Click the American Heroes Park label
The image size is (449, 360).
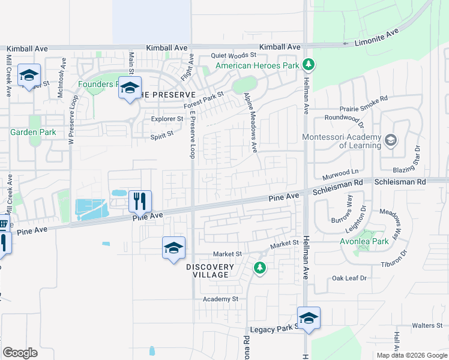257,65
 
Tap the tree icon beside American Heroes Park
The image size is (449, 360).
308,64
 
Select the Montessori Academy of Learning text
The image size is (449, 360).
342,141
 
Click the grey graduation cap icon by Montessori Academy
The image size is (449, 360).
391,141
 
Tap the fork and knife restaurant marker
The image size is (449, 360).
140,201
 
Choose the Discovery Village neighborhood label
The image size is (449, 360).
209,271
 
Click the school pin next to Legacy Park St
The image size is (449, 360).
309,318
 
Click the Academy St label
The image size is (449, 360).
220,299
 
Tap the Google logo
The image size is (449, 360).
20,353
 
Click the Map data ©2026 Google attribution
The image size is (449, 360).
412,355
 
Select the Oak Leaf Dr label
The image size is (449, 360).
349,278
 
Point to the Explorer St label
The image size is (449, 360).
163,119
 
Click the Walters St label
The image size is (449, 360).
427,326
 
